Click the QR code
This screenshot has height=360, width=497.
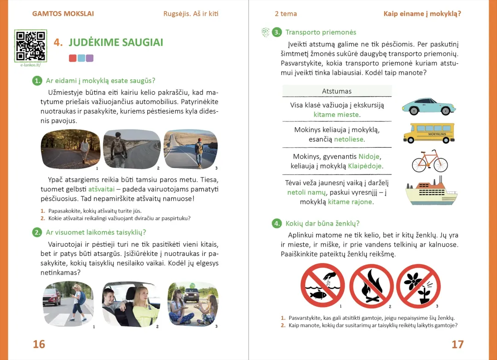click(x=30, y=46)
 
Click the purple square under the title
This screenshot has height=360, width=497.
click(x=90, y=58)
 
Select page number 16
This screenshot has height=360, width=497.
click(x=39, y=344)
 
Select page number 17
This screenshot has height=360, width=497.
click(x=457, y=344)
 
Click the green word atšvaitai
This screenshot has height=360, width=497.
click(x=101, y=189)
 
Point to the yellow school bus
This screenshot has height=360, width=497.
click(x=428, y=133)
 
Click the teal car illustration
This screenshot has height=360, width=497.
click(x=428, y=106)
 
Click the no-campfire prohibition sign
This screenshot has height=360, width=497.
click(x=371, y=286)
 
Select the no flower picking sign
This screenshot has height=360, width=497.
click(x=418, y=286)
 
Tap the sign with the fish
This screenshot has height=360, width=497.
click(x=323, y=286)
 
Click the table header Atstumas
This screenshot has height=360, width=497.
click(x=336, y=91)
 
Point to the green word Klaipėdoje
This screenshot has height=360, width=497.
click(x=365, y=166)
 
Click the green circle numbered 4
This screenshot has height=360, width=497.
click(x=277, y=224)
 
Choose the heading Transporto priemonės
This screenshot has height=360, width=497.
click(x=320, y=32)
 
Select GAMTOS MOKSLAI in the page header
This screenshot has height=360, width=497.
click(x=63, y=14)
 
